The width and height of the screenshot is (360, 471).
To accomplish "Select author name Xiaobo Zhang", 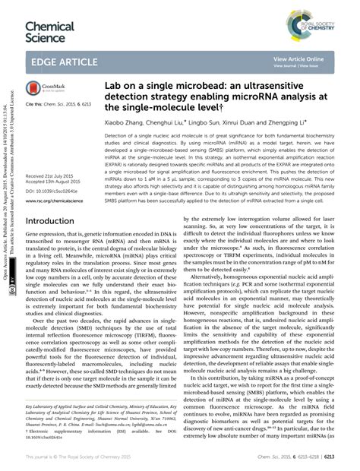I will (126, 121).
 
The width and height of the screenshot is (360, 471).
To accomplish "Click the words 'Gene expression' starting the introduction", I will (47, 237).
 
